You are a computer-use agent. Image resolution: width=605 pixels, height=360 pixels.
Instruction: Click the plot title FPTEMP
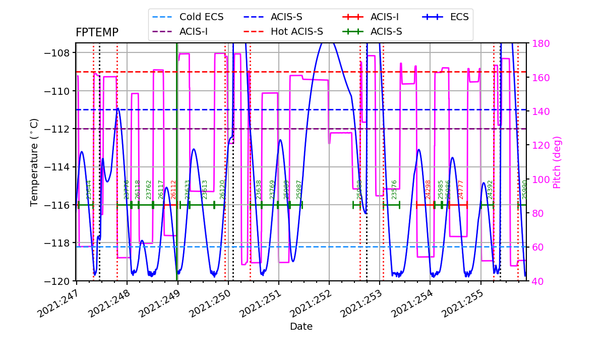97,33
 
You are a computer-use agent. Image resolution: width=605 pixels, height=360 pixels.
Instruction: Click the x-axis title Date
301,327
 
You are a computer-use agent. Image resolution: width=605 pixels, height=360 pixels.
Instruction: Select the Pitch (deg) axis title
557,162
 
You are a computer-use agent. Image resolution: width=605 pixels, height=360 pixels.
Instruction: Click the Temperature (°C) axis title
34,162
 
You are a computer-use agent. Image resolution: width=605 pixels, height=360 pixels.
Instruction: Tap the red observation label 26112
173,190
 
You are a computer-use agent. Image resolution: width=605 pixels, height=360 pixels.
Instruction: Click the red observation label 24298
429,190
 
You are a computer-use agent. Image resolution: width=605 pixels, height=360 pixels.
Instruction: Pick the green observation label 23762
149,190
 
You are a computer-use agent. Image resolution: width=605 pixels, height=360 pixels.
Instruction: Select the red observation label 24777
460,190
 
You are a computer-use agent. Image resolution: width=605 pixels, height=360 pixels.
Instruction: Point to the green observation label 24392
490,190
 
